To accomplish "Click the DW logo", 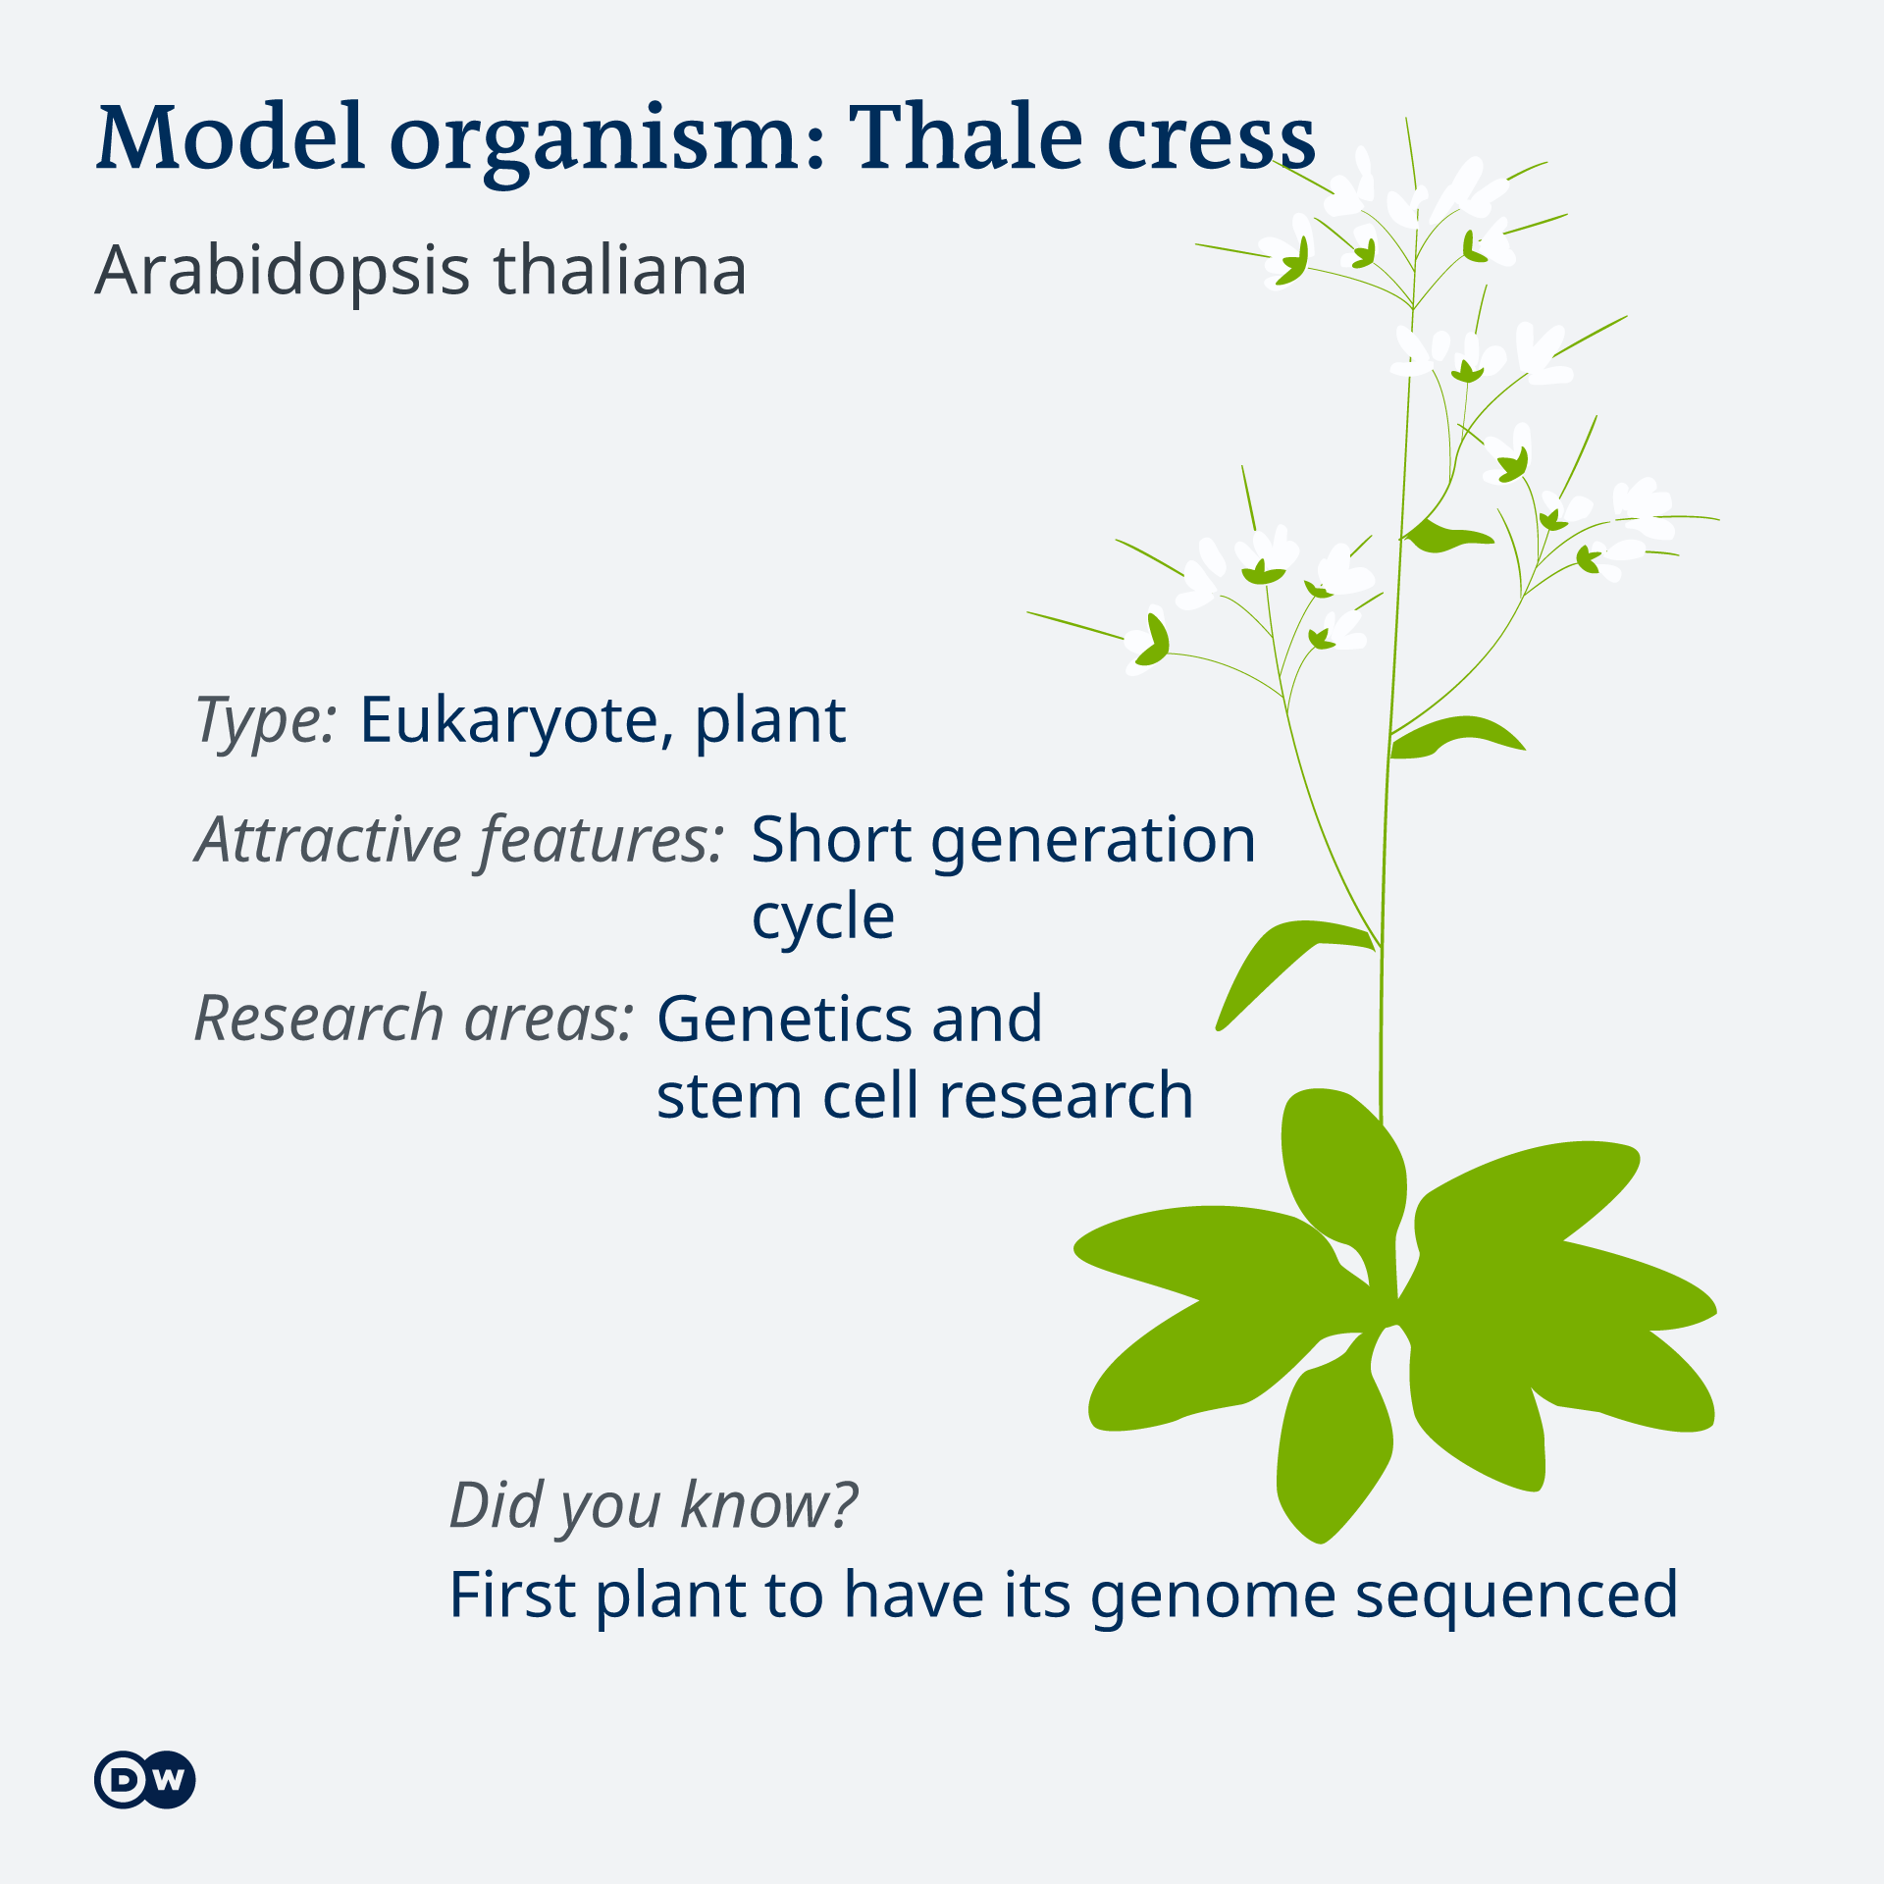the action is tap(145, 1779).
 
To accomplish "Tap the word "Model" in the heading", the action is tap(231, 136).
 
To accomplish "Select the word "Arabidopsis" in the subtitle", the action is tap(283, 272).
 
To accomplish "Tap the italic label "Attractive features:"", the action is tap(459, 842).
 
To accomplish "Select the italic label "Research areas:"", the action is tap(414, 1018).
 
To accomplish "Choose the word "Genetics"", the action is tap(783, 1018).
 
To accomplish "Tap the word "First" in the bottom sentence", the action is tap(511, 1595).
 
